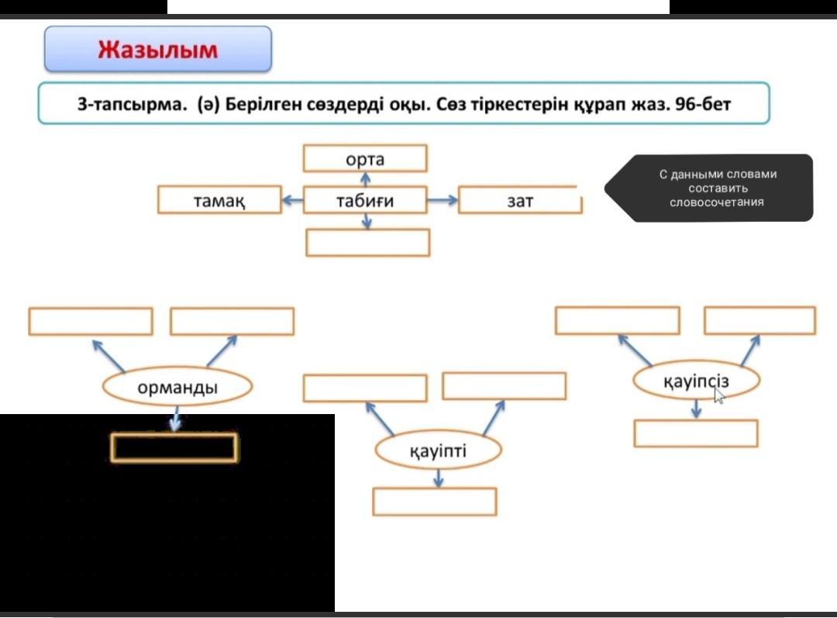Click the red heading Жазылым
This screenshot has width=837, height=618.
click(x=157, y=50)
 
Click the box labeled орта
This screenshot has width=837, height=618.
click(x=365, y=159)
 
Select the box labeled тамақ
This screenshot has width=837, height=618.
click(x=219, y=200)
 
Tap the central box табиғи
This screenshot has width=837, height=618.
click(x=365, y=200)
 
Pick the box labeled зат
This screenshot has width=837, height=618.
click(x=520, y=200)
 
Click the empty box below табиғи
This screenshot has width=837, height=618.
click(x=368, y=243)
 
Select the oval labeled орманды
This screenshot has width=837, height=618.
click(x=177, y=387)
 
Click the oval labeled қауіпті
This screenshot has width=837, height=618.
click(x=438, y=451)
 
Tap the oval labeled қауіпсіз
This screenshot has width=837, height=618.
click(x=695, y=381)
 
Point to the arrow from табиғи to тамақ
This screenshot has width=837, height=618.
click(x=292, y=200)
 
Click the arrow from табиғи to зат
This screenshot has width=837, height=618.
click(x=443, y=200)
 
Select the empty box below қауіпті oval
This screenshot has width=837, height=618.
click(x=434, y=502)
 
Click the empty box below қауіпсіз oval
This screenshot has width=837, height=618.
click(x=695, y=433)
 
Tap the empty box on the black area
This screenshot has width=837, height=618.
click(x=174, y=447)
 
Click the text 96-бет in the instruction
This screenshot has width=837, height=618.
click(x=703, y=104)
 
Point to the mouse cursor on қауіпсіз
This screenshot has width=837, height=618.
click(x=719, y=395)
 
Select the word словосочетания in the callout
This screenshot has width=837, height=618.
click(x=716, y=202)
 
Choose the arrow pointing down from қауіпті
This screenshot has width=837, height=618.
click(x=439, y=478)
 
